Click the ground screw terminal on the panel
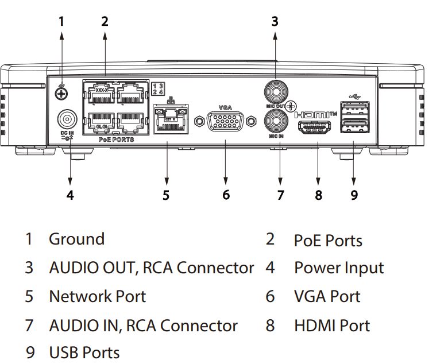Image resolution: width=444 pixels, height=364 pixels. click(61, 92)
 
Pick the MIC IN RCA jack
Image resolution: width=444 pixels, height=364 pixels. click(275, 121)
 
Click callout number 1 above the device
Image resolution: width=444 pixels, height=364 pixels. click(61, 22)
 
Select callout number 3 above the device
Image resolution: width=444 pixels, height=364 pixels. click(275, 22)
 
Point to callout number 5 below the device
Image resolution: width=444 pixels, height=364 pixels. click(166, 195)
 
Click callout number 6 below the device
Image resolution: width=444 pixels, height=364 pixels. click(226, 195)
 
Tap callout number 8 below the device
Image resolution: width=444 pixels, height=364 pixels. click(319, 195)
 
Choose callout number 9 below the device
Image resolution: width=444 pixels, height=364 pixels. click(354, 195)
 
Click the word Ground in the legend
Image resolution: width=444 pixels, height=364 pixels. click(76, 239)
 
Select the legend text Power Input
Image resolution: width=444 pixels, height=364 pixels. click(339, 268)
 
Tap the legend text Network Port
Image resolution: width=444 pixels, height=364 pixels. click(97, 297)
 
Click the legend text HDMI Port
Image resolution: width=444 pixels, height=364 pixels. click(332, 326)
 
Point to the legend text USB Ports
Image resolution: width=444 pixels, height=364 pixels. click(84, 352)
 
